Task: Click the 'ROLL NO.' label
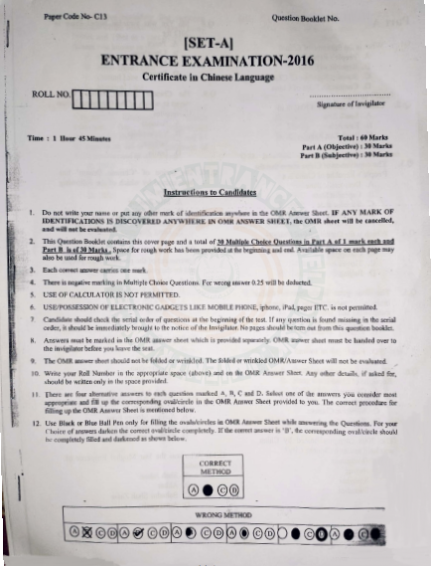point(49,94)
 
